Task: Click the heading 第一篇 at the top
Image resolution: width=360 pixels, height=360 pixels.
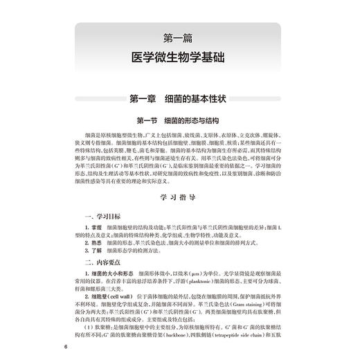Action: [180, 35]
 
